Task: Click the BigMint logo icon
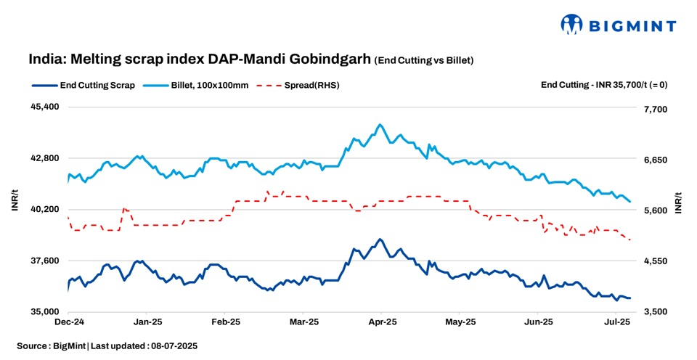(x=572, y=25)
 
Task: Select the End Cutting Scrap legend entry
(x=83, y=85)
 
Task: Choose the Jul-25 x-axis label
(x=616, y=321)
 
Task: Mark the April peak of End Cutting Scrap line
(x=380, y=239)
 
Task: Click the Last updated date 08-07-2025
(x=170, y=346)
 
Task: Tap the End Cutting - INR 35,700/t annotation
(x=603, y=85)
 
